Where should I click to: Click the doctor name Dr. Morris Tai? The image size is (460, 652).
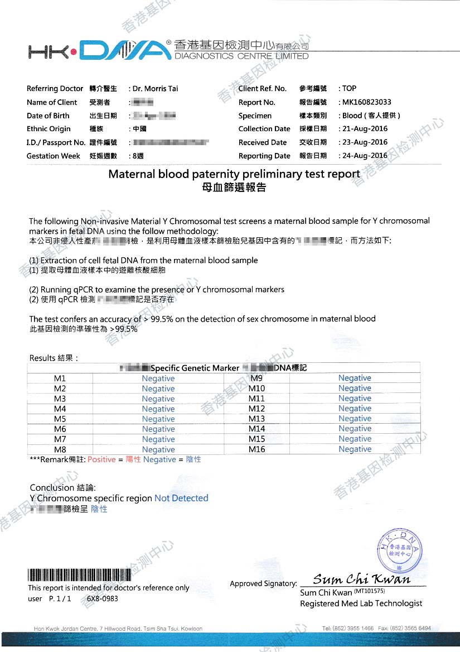pyautogui.click(x=155, y=88)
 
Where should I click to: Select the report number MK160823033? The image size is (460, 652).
pyautogui.click(x=367, y=102)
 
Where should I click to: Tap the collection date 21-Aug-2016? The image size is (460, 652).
pyautogui.click(x=365, y=129)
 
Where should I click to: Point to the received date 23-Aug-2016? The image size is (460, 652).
pyautogui.click(x=365, y=142)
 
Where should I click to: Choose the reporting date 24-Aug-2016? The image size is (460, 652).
pyautogui.click(x=365, y=156)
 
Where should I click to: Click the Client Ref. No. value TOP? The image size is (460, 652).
pyautogui.click(x=350, y=88)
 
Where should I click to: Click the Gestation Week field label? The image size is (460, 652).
pyautogui.click(x=54, y=156)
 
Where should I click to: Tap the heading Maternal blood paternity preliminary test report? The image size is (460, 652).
pyautogui.click(x=234, y=174)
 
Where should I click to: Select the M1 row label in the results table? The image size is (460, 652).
pyautogui.click(x=60, y=378)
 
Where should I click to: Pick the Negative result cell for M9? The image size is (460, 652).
pyautogui.click(x=355, y=378)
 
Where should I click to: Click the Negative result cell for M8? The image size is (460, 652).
pyautogui.click(x=158, y=449)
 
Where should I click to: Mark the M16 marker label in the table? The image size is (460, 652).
pyautogui.click(x=256, y=449)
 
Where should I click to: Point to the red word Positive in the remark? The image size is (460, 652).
pyautogui.click(x=101, y=459)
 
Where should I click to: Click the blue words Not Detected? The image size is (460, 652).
pyautogui.click(x=181, y=498)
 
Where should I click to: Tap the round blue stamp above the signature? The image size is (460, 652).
pyautogui.click(x=401, y=550)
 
